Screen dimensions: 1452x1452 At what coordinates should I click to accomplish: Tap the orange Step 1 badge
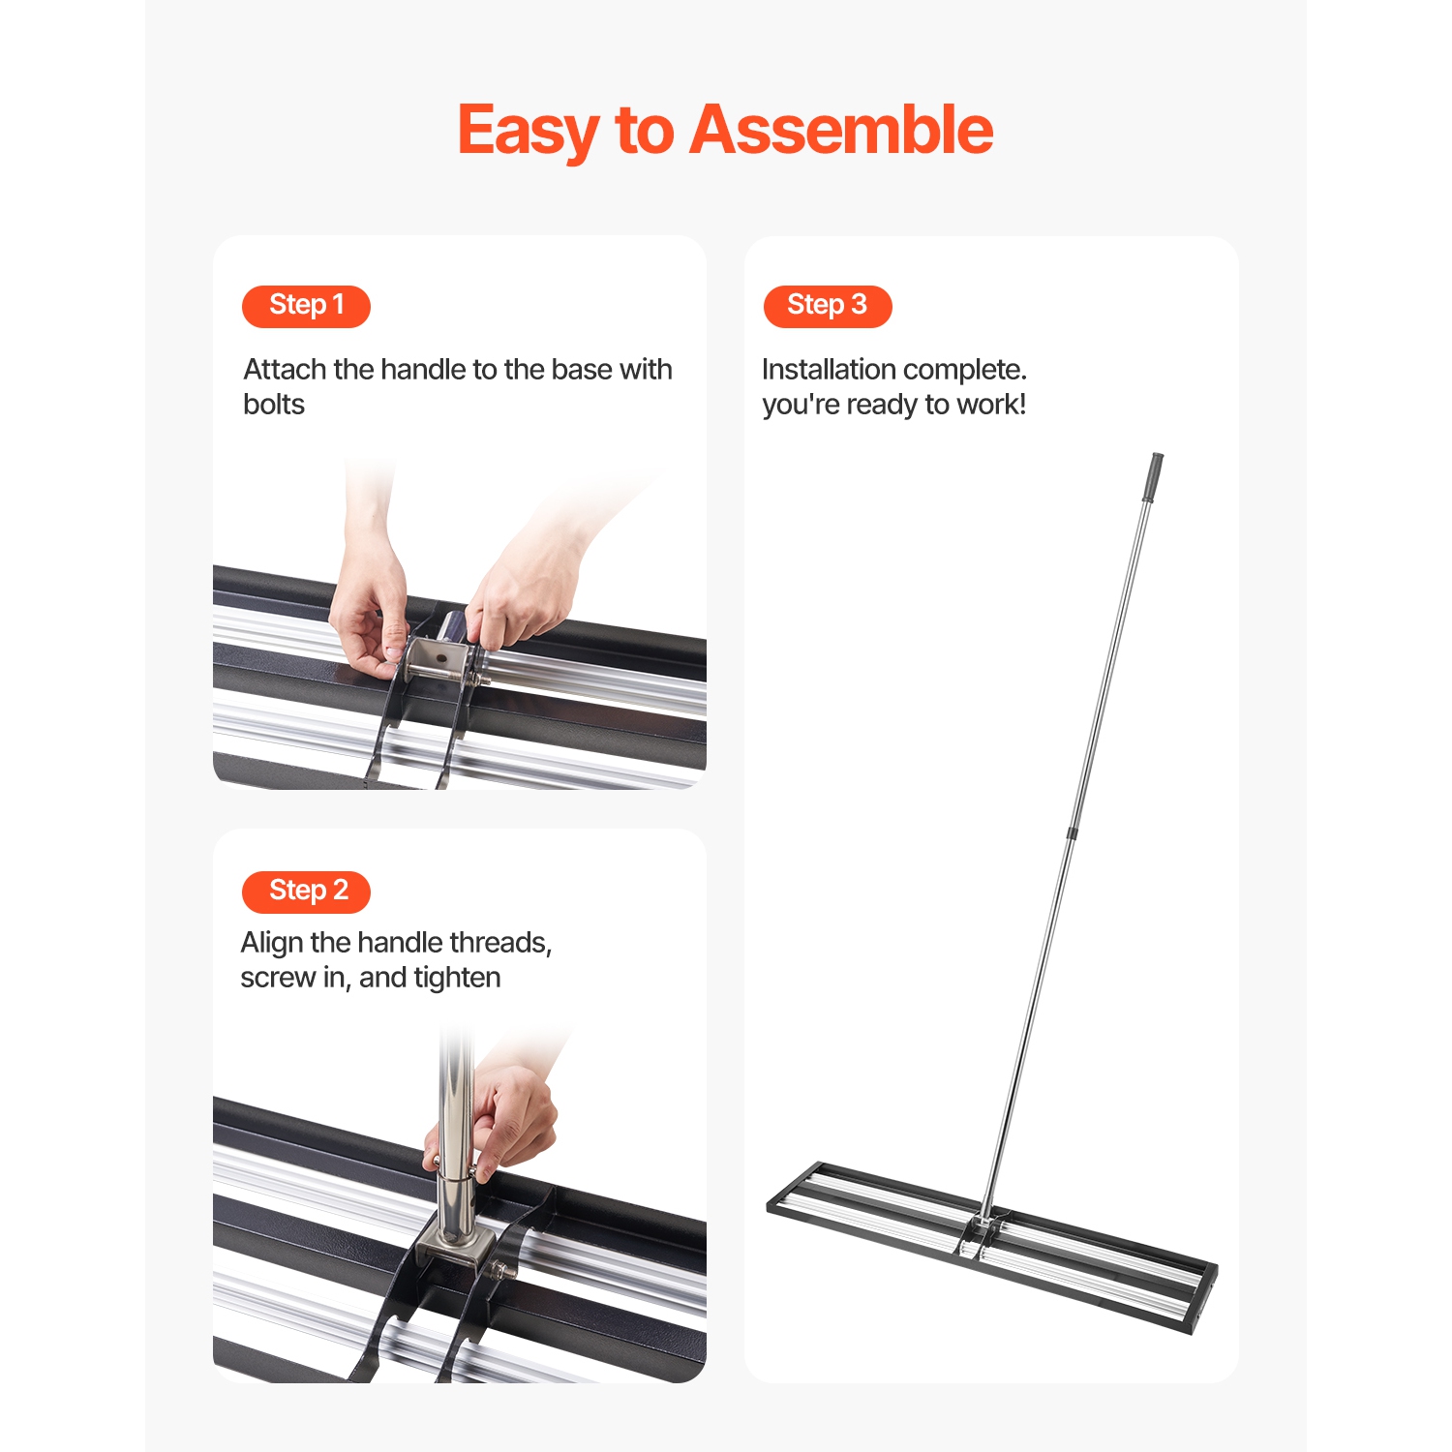point(306,306)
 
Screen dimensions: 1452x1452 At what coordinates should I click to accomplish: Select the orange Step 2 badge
point(306,892)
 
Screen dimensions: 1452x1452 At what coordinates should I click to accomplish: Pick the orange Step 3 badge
point(827,306)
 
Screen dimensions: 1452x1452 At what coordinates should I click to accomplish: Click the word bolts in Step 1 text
point(274,405)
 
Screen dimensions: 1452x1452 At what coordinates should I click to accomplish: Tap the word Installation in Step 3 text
point(829,370)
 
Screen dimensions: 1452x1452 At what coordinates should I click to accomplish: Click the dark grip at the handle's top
point(1154,476)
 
